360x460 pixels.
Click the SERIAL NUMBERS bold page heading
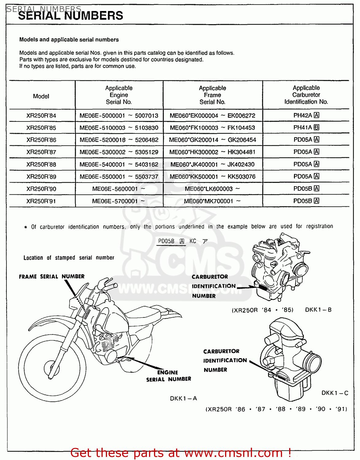point(71,16)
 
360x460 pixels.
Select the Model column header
point(41,96)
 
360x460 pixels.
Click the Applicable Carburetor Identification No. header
point(306,95)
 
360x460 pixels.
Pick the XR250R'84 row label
point(41,116)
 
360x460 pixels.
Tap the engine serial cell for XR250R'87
point(119,152)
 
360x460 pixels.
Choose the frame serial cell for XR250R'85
point(212,128)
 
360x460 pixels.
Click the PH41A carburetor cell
point(306,127)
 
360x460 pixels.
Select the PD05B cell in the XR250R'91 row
point(306,201)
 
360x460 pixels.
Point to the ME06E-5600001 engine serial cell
point(119,189)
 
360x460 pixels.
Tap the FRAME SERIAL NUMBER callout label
point(52,277)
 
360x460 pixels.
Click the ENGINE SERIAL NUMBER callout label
point(168,376)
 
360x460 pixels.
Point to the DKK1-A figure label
point(183,398)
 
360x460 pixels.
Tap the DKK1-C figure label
point(335,393)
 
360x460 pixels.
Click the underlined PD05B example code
point(166,241)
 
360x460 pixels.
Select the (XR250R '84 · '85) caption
point(262,310)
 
